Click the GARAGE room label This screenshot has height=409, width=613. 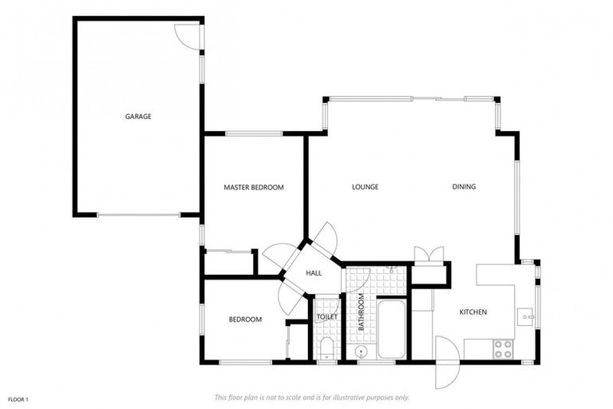coord(138,117)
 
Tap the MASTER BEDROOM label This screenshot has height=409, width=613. coord(254,188)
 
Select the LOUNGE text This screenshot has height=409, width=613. coord(365,187)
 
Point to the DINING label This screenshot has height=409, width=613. coord(464,187)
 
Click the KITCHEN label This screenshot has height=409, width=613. coord(473,312)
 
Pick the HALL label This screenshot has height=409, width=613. coord(314,273)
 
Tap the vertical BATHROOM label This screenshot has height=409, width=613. coord(361,313)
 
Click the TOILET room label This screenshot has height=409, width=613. coord(327,317)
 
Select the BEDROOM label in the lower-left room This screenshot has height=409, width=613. coord(245,320)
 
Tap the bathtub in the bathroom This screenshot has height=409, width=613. coord(391,329)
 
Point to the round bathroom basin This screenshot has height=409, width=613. coord(361,351)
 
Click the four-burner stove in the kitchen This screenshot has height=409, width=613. coord(503,348)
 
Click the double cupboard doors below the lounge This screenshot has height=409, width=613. coord(429,255)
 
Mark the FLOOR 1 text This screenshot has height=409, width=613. coord(18,399)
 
